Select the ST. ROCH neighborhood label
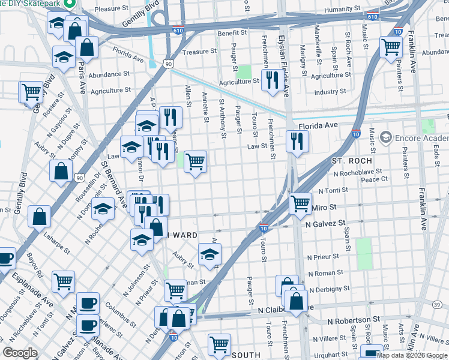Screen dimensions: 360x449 352,161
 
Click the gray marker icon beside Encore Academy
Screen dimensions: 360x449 385,138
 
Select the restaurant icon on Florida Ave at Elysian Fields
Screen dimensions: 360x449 297,142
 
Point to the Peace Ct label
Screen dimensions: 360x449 375,179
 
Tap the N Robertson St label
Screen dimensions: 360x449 354,321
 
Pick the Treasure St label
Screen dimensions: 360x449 200,52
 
